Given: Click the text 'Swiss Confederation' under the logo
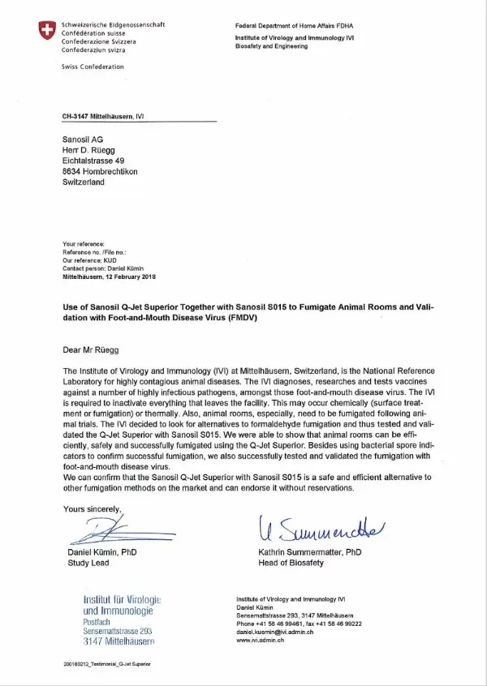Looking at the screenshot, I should tap(93, 66).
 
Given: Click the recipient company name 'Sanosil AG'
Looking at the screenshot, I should tap(82, 139).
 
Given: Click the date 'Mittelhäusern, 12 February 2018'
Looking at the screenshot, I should tap(109, 277).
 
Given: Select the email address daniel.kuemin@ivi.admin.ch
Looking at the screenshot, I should tap(271, 630).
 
